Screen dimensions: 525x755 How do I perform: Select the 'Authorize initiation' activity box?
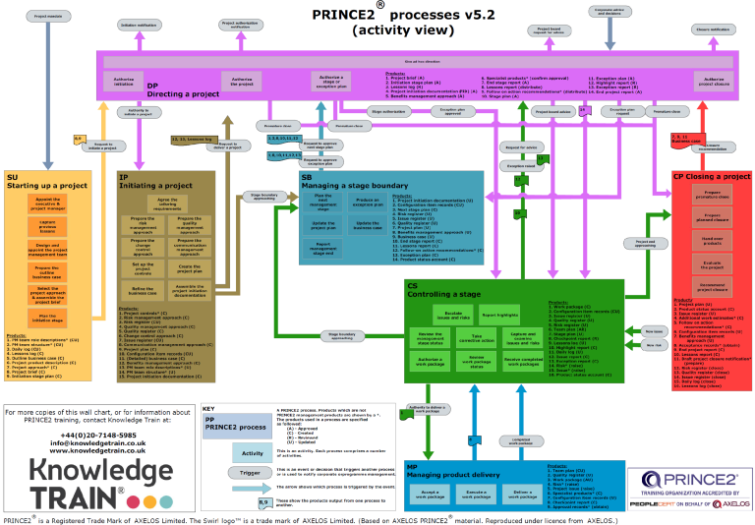pos(124,82)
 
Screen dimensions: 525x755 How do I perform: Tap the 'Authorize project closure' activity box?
pos(713,82)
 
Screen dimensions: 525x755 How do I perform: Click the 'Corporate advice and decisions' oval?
pos(609,11)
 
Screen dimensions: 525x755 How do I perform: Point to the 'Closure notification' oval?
pos(714,29)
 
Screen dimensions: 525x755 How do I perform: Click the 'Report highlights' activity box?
pos(500,315)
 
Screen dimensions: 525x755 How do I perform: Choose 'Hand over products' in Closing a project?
pos(714,240)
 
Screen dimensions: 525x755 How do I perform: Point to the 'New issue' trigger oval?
pos(654,331)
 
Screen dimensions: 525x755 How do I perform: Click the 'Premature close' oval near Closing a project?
pos(668,111)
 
